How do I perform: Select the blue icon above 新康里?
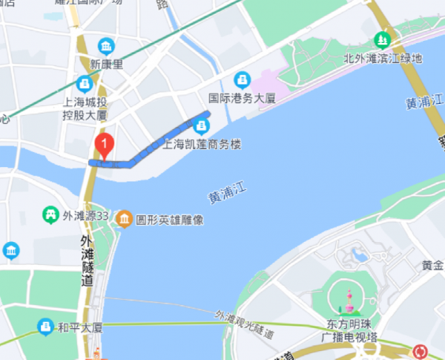108,45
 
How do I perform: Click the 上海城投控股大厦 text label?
84,110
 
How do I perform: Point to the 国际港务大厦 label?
241,96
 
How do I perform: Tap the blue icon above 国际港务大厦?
241,79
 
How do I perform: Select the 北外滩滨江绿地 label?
383,58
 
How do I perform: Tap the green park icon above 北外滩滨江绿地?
383,39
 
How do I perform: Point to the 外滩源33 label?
86,216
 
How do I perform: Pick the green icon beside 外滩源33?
51,216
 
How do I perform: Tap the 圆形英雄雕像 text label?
169,220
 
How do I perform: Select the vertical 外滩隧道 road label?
88,261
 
